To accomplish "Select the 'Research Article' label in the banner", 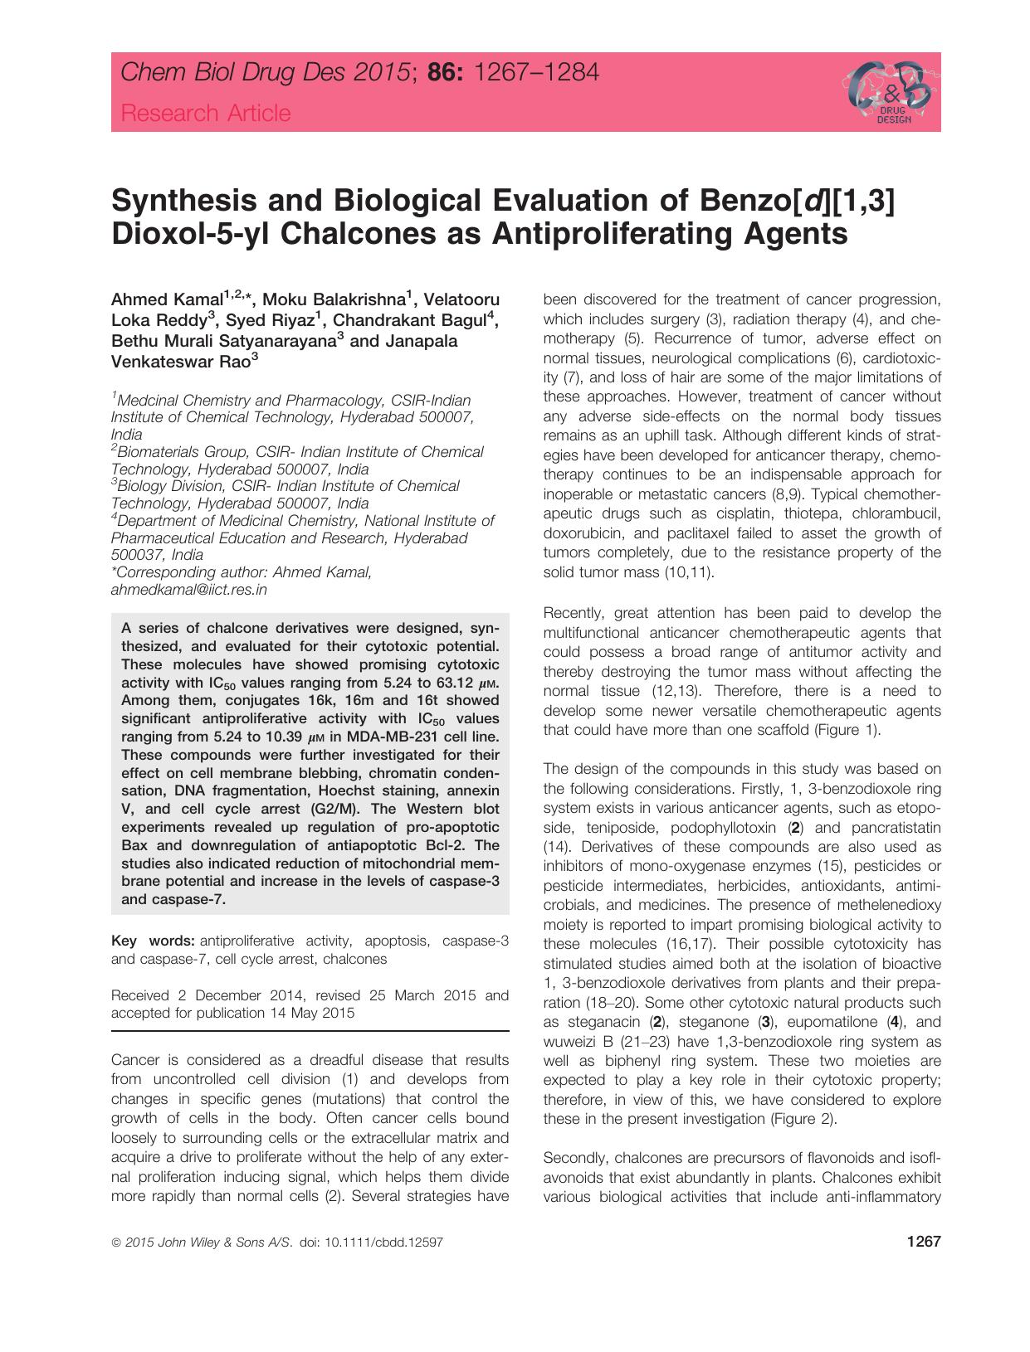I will click(206, 113).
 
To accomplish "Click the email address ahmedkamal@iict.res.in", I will click(189, 591).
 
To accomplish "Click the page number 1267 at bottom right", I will click(924, 1243).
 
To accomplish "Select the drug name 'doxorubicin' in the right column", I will click(581, 533).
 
